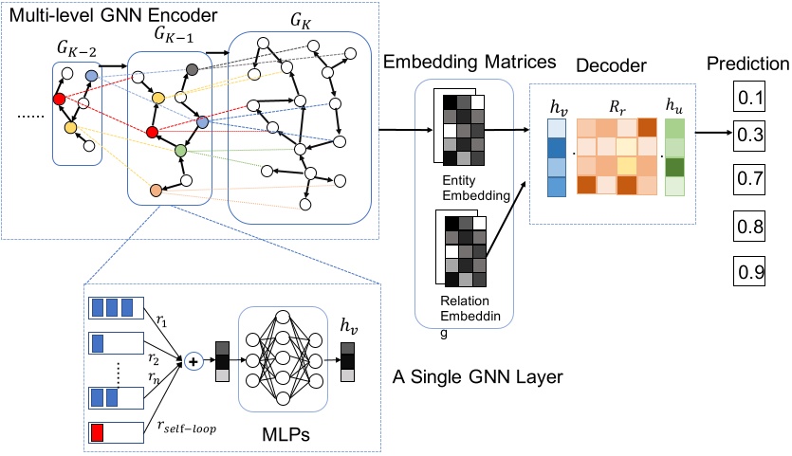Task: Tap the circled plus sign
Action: [195, 360]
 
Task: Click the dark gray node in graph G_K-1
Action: [192, 69]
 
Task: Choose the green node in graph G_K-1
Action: [180, 150]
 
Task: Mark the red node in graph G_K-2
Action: [60, 100]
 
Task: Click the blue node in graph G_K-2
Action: [91, 75]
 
